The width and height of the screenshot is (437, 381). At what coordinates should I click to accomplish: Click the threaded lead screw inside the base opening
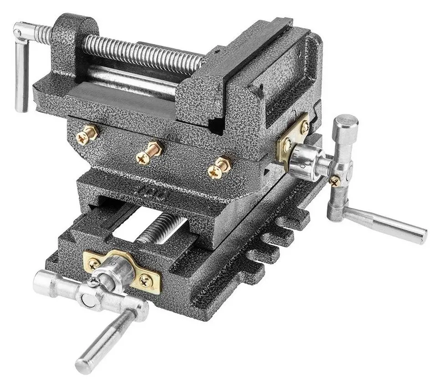[x=159, y=228]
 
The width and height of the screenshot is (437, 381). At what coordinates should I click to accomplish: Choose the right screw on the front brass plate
[x=145, y=279]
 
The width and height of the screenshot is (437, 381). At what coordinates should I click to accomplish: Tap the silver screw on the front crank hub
[x=91, y=285]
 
